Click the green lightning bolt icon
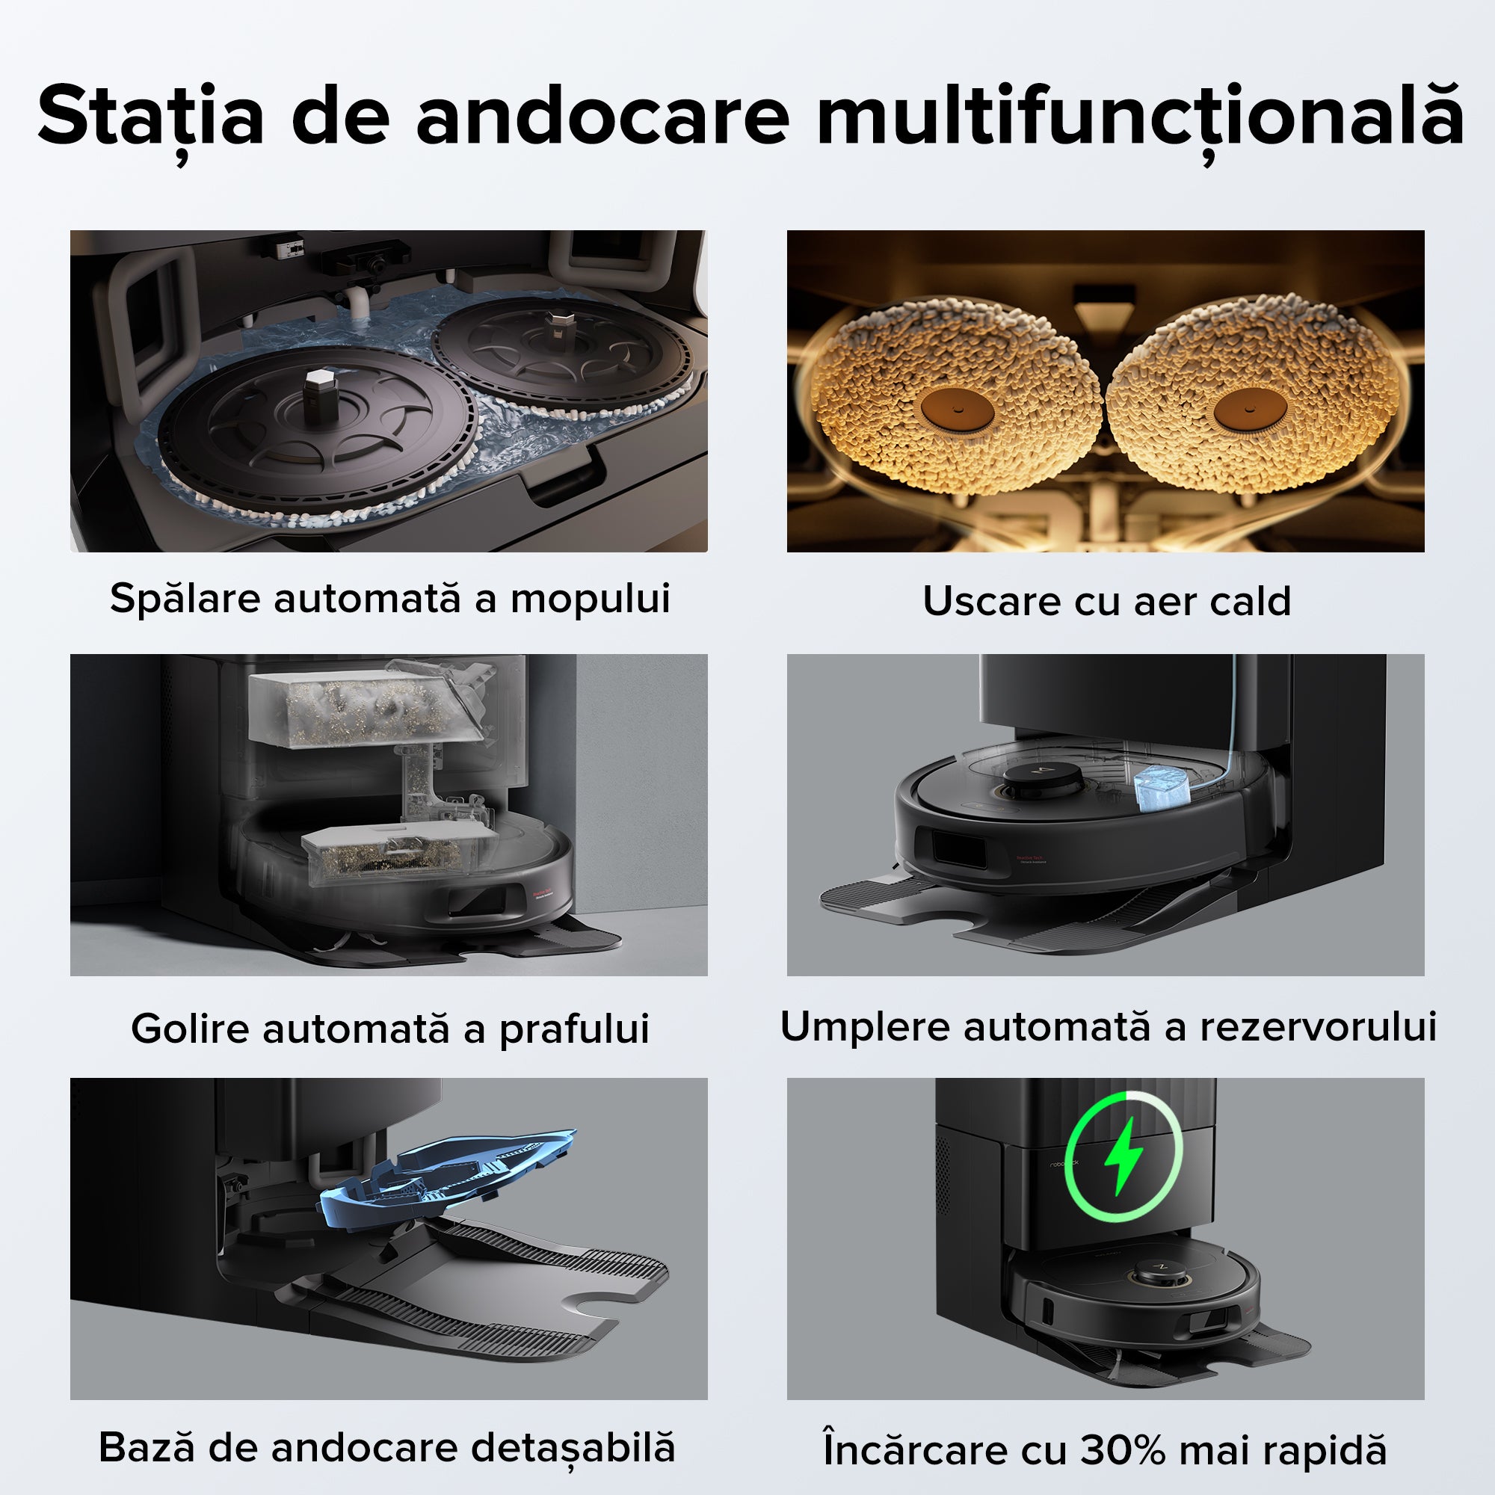[1123, 1156]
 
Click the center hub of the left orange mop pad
[957, 408]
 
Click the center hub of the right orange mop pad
[1251, 408]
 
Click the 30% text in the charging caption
[1129, 1449]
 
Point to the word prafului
[573, 1030]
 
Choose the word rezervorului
[1318, 1027]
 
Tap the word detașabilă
[573, 1447]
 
